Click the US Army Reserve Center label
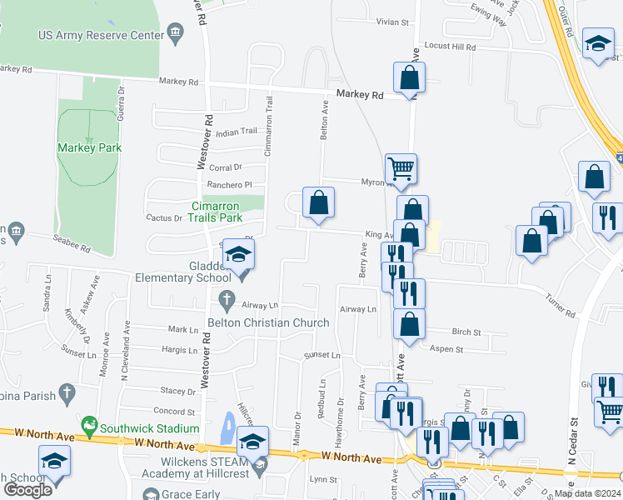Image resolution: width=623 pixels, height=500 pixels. pos(101,35)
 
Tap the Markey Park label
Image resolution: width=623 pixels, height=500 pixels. pos(89,147)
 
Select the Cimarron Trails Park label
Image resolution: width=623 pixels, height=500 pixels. pos(216,212)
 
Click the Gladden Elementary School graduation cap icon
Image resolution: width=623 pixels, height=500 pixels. pos(239,256)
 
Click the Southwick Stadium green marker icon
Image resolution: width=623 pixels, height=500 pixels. pos(91,428)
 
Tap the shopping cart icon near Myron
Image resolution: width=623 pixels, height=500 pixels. pos(401,168)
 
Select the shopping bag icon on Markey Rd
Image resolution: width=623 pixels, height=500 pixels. pos(410,78)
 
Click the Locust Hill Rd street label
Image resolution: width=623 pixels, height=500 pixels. pos(450,47)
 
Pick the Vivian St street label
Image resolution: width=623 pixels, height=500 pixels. pos(393,22)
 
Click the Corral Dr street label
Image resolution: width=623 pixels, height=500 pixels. pos(225,167)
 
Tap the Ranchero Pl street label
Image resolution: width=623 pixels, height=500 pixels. pos(230,185)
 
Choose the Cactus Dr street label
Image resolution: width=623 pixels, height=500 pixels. pos(165,218)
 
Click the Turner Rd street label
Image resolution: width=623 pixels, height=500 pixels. pos(560,309)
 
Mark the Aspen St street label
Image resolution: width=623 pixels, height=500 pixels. pos(448,350)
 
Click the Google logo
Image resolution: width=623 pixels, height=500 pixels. pos(27,490)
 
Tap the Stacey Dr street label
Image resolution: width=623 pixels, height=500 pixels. pos(178,390)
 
